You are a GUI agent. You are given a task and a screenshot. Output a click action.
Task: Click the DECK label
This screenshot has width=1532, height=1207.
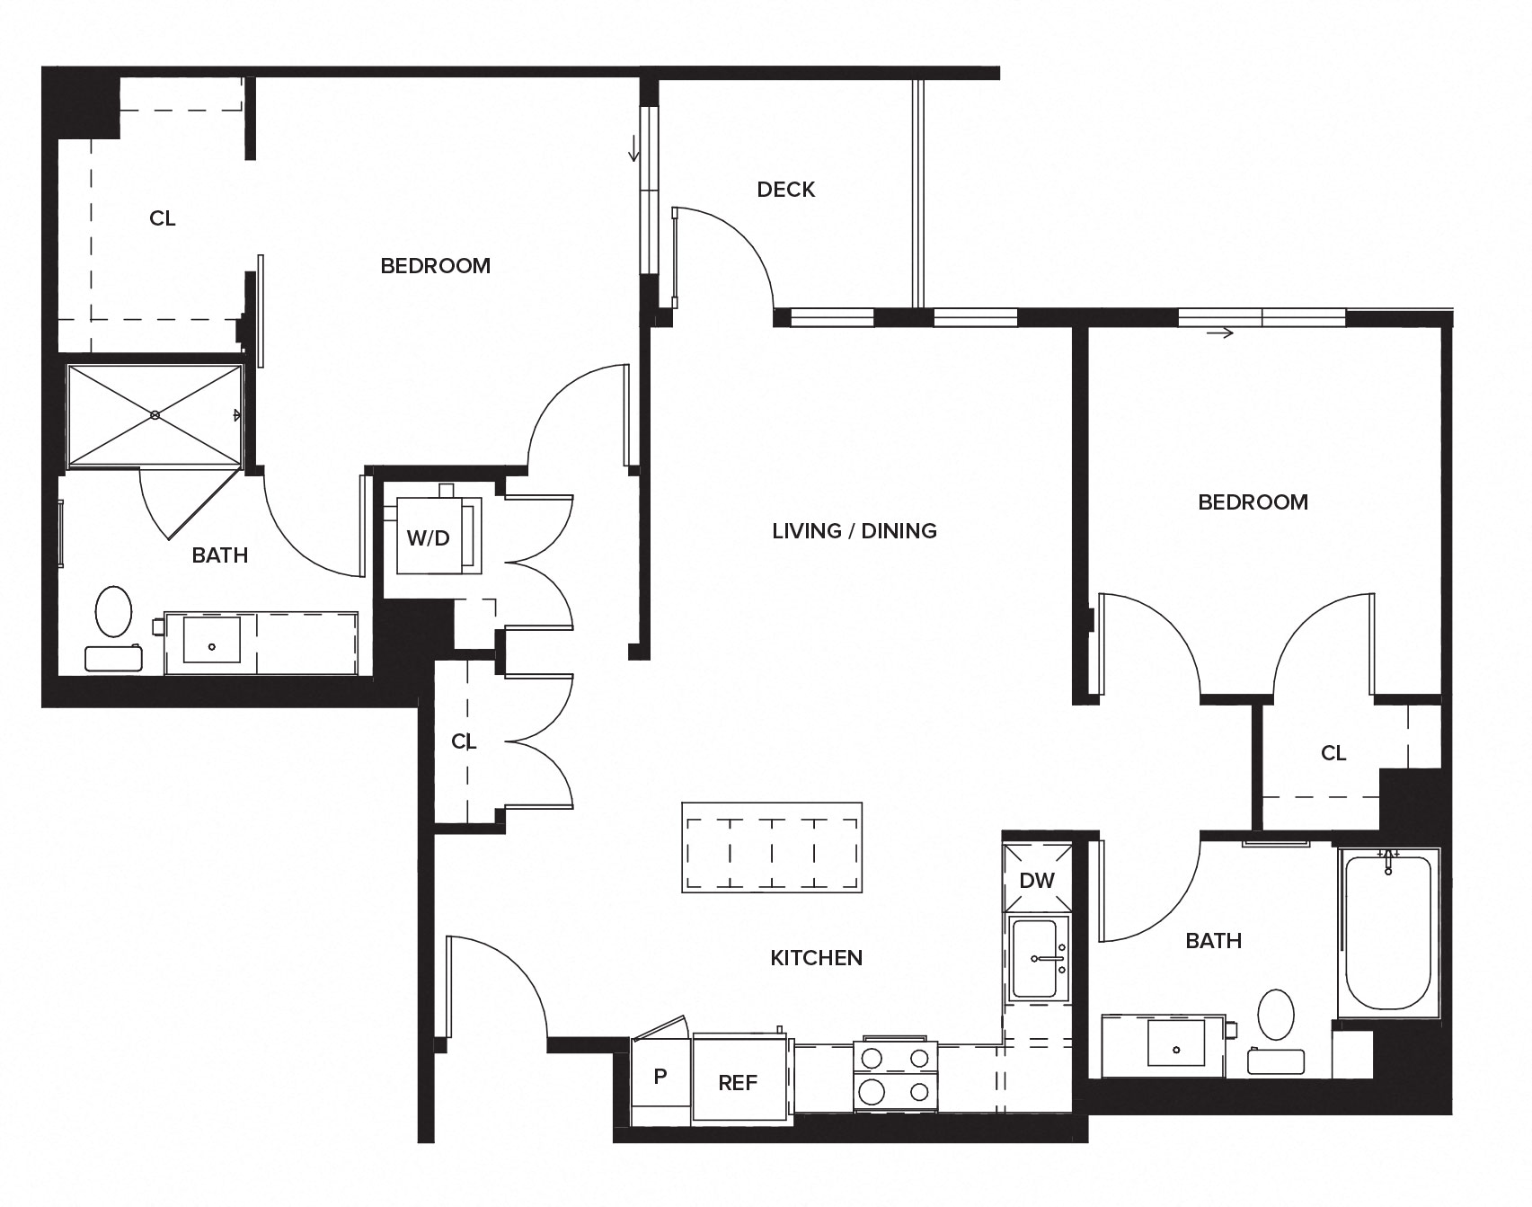point(785,190)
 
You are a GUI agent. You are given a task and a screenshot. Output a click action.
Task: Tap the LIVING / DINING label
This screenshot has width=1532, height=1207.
point(854,531)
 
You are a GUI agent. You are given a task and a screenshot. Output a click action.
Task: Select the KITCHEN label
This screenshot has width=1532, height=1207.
point(816,958)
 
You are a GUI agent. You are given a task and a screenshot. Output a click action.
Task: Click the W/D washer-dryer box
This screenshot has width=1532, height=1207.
point(429,537)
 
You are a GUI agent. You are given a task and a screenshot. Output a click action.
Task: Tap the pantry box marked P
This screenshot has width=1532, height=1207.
point(660,1076)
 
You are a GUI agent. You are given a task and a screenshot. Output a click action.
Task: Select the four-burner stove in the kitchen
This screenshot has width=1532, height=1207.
point(894,1076)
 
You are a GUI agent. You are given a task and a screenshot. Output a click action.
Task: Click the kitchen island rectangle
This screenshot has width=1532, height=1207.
point(772,848)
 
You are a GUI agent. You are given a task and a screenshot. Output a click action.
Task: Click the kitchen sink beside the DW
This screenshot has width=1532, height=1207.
point(1038,959)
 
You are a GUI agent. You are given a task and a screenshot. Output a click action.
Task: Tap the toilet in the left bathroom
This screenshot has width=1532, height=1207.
point(113,611)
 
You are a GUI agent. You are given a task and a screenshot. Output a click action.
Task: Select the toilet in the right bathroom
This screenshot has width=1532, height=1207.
point(1275,1015)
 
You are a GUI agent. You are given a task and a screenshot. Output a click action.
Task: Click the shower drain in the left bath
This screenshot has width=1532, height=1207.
point(155,414)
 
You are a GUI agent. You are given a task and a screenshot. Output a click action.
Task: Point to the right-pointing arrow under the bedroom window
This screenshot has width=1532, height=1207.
point(1220,333)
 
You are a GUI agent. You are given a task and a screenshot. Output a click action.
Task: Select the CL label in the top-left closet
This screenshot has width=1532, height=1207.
point(163,218)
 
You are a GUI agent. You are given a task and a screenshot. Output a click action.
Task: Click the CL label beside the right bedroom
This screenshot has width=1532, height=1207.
point(1333,753)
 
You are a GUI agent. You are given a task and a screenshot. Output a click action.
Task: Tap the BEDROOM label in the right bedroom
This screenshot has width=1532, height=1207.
point(1253,502)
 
